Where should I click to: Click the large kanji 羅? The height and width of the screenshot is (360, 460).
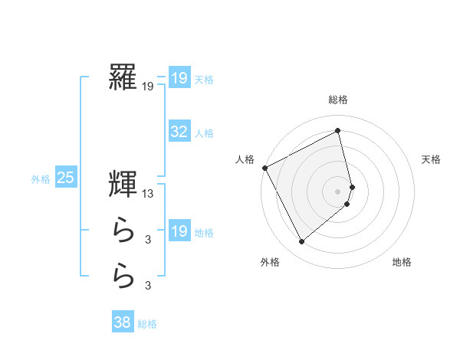click(x=123, y=77)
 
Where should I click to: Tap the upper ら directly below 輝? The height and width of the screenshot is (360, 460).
click(x=123, y=229)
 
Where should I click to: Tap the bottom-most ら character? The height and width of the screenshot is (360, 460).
click(x=123, y=275)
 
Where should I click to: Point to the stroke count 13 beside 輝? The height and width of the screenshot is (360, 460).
click(x=148, y=195)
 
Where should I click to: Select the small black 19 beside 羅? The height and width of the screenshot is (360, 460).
click(x=148, y=88)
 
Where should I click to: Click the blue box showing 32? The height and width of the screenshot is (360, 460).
click(x=179, y=132)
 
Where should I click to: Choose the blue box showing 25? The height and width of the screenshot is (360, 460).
click(x=66, y=178)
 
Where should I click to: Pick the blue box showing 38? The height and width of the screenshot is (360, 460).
click(x=123, y=322)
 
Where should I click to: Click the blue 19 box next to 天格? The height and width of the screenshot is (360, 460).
click(x=179, y=77)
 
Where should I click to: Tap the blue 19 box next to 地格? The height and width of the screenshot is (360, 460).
click(x=179, y=231)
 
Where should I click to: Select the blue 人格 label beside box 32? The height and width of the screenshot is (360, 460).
click(x=204, y=133)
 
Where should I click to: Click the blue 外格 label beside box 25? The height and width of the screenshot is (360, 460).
click(x=41, y=179)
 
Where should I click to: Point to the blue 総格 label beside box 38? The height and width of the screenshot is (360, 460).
click(x=147, y=324)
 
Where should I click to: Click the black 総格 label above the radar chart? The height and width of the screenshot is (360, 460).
click(x=338, y=100)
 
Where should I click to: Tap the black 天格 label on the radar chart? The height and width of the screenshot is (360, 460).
click(x=431, y=159)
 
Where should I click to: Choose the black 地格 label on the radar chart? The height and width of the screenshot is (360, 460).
click(x=402, y=262)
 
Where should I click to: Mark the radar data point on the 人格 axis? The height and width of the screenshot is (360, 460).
click(x=264, y=167)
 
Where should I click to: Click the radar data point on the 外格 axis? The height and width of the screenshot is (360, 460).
click(x=301, y=242)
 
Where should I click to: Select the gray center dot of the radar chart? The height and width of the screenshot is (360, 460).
click(x=338, y=191)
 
